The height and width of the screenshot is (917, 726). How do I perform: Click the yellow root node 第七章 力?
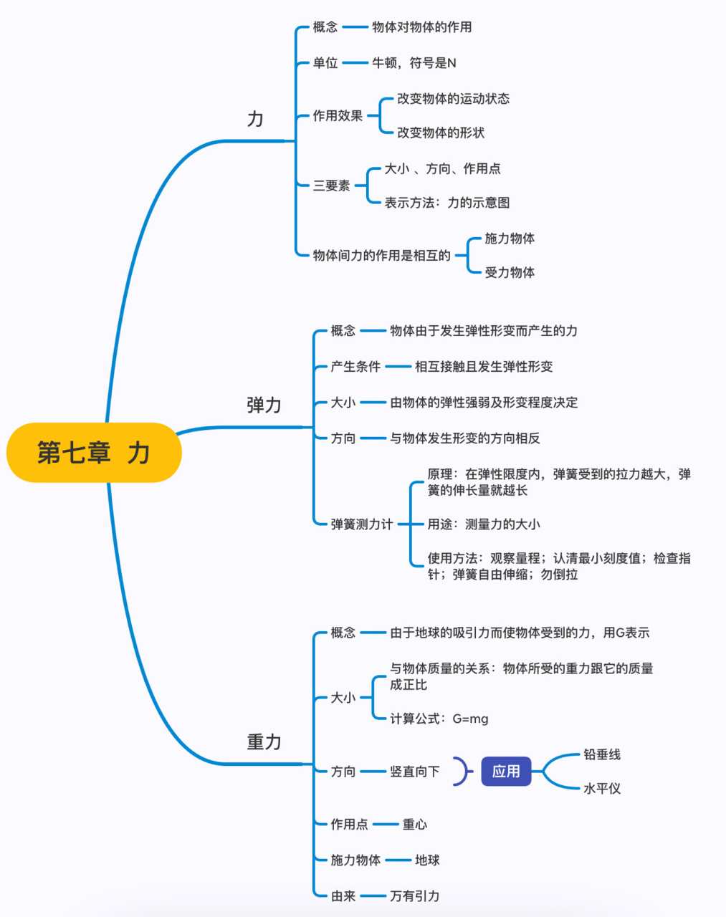pos(94,453)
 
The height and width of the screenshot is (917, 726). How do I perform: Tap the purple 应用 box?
pos(506,772)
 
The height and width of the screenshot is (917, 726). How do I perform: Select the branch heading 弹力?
pos(264,405)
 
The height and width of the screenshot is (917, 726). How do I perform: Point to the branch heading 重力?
pos(264,742)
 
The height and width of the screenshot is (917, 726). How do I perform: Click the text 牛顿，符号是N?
pos(414,63)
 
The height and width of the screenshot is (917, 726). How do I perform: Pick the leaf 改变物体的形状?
pos(441,133)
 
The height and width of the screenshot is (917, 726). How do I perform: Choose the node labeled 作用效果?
pos(338,115)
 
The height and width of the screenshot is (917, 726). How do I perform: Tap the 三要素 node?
pos(331,186)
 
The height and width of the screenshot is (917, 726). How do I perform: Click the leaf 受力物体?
pos(510,272)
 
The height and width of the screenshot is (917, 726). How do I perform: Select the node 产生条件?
pos(355,367)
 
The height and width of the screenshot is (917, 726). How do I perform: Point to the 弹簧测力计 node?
pos(362,524)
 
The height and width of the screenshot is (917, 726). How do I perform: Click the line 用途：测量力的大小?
pos(484,524)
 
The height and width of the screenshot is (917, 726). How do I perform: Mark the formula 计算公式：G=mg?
pos(439,719)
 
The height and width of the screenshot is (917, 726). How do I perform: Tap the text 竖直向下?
pos(415,772)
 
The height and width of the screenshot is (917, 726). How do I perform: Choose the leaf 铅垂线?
pos(602,754)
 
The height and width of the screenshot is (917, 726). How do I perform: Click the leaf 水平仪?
pos(602,789)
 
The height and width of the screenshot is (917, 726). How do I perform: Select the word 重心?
pos(415,825)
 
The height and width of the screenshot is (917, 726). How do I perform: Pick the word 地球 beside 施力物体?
pos(427,860)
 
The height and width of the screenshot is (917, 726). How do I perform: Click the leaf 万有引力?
pos(415,896)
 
